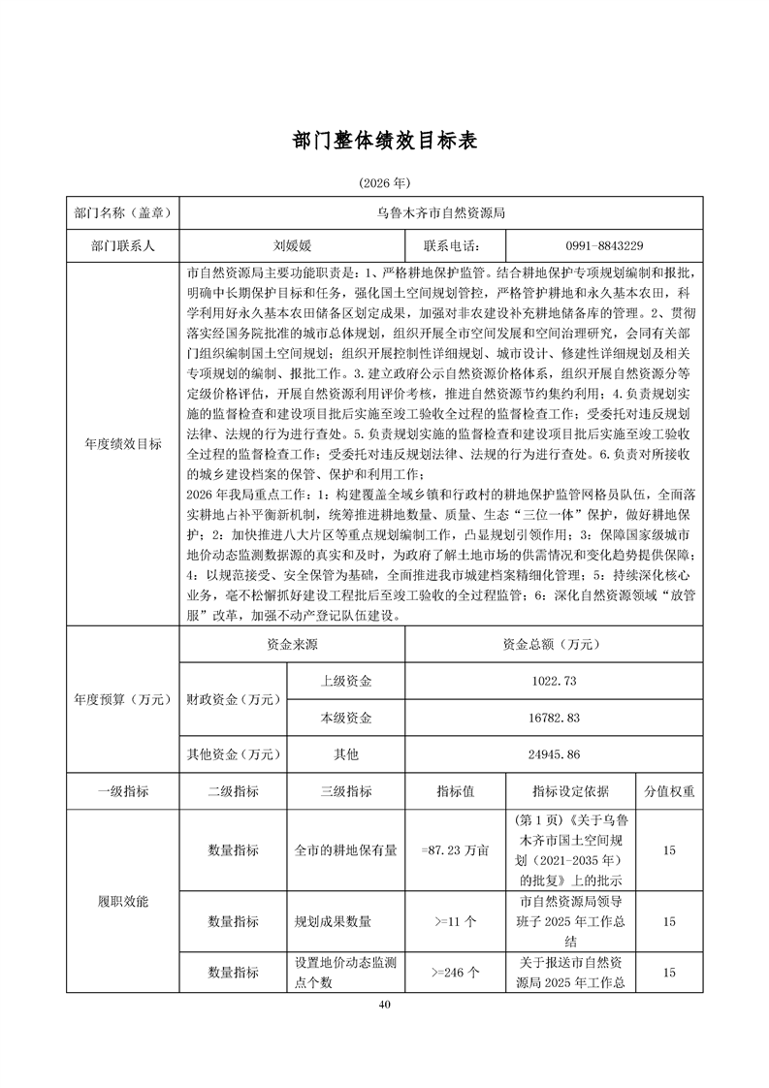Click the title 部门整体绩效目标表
click(385, 141)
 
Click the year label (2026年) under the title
click(385, 182)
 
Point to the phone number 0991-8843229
click(602, 246)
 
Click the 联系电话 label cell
click(451, 246)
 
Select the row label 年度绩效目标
click(124, 445)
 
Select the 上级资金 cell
click(346, 682)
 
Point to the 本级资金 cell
click(346, 718)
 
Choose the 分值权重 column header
click(669, 791)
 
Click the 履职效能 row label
click(124, 902)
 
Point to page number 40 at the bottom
click(385, 1005)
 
